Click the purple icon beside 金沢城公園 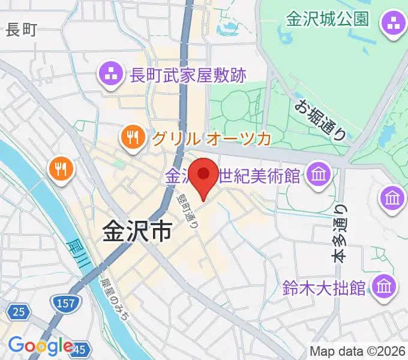click(x=394, y=25)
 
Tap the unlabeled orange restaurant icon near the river click(x=61, y=169)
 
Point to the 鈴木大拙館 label click(x=325, y=287)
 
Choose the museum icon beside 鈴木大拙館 click(x=384, y=286)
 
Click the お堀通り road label click(x=320, y=119)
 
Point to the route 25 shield click(x=19, y=311)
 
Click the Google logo click(x=40, y=346)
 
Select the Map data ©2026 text click(x=357, y=351)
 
